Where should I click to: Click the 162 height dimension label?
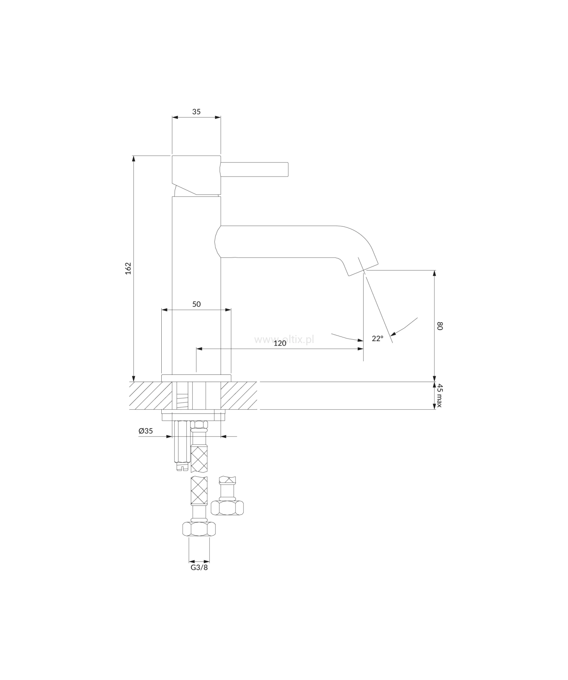pyautogui.click(x=128, y=268)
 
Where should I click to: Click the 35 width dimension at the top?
pyautogui.click(x=196, y=112)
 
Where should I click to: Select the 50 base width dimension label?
pyautogui.click(x=196, y=304)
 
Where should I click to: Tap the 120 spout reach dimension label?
pyautogui.click(x=280, y=343)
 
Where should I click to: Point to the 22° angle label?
pyautogui.click(x=377, y=338)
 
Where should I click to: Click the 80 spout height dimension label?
pyautogui.click(x=440, y=326)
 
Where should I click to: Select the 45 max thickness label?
pyautogui.click(x=440, y=395)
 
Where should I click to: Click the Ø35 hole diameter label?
pyautogui.click(x=146, y=431)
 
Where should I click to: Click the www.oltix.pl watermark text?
pyautogui.click(x=284, y=340)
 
